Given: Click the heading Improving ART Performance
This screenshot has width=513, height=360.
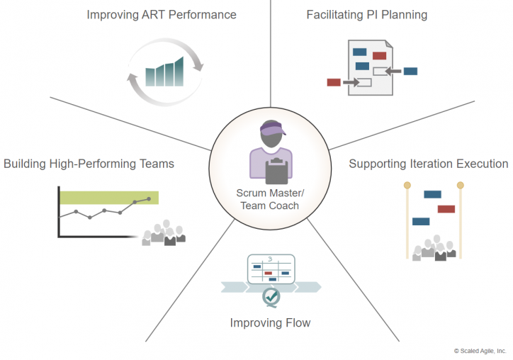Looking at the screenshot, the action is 162,15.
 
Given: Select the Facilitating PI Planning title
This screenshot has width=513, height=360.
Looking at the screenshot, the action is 367,15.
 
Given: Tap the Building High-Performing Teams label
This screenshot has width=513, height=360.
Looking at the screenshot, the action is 89,164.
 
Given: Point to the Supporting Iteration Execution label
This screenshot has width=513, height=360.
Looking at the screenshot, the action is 429,164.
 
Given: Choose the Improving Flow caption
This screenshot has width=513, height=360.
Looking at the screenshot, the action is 270,323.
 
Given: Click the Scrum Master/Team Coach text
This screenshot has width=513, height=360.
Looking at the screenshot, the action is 270,199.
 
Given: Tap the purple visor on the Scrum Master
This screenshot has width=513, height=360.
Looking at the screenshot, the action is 272,128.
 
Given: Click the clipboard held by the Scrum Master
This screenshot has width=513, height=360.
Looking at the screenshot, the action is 277,171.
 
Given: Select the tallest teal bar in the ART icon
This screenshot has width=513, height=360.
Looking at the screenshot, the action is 179,72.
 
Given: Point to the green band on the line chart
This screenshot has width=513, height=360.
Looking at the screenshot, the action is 109,198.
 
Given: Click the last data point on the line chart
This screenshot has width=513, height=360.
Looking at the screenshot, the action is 149,199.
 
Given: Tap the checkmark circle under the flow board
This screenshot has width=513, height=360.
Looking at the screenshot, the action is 271,297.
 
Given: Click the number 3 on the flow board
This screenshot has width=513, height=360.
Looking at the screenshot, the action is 270,259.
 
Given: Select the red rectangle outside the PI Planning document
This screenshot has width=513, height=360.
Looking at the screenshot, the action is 334,82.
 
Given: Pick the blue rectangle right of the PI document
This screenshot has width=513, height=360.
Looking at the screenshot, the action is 410,72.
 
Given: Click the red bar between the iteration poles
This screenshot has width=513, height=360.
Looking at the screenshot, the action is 446,209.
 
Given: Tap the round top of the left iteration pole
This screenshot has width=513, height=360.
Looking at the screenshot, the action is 407,186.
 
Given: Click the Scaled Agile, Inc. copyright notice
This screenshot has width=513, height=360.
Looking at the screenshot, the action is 480,351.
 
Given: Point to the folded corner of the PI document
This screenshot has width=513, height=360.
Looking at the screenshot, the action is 389,44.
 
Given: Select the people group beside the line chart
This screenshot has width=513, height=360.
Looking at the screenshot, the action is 164,233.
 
